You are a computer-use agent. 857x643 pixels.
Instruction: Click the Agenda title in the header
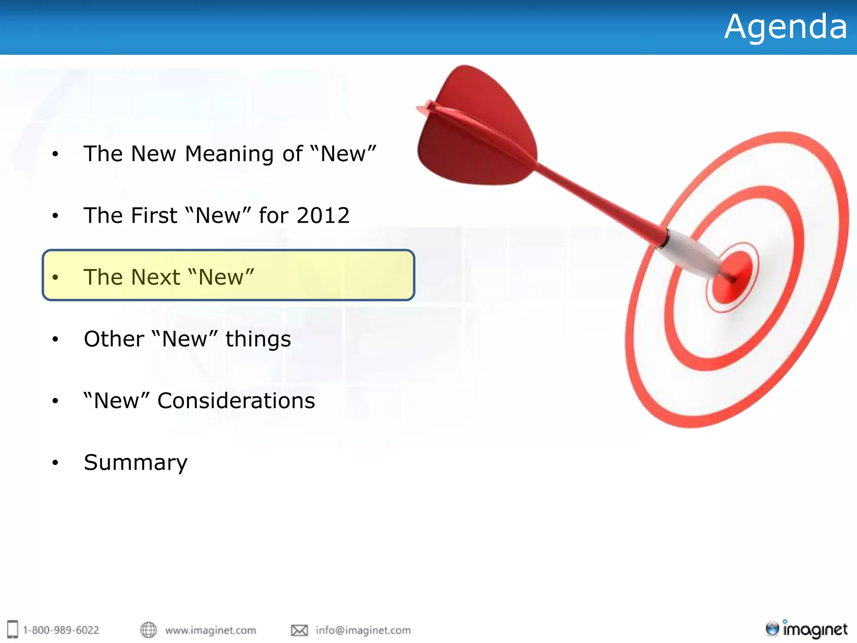pyautogui.click(x=785, y=27)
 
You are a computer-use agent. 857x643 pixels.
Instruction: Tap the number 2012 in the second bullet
pyautogui.click(x=323, y=216)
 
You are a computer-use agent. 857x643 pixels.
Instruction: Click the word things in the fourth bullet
pyautogui.click(x=258, y=339)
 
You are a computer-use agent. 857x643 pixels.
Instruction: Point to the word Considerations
pyautogui.click(x=236, y=401)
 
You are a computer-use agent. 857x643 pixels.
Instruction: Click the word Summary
pyautogui.click(x=136, y=463)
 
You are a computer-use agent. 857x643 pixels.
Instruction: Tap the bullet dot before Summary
pyautogui.click(x=55, y=463)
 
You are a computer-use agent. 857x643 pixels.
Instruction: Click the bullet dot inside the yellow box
pyautogui.click(x=55, y=278)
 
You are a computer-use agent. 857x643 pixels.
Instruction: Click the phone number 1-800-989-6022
pyautogui.click(x=61, y=630)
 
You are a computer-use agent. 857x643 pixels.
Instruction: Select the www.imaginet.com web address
pyautogui.click(x=210, y=630)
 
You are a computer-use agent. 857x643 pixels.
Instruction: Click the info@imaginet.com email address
pyautogui.click(x=363, y=630)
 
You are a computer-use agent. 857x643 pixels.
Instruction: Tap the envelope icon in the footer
pyautogui.click(x=299, y=630)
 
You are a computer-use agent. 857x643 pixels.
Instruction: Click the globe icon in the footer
pyautogui.click(x=148, y=630)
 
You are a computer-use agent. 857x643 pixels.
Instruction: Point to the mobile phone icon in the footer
pyautogui.click(x=13, y=629)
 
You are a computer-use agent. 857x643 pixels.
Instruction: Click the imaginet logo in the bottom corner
pyautogui.click(x=806, y=629)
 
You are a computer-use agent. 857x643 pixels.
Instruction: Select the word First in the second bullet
pyautogui.click(x=155, y=216)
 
